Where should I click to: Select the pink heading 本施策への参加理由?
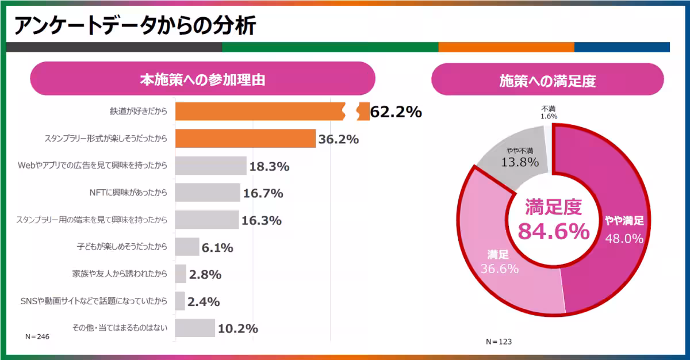[x=202, y=79]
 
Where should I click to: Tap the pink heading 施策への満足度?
[x=547, y=81]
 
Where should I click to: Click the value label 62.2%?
[x=396, y=112]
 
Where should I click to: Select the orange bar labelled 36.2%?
[x=246, y=139]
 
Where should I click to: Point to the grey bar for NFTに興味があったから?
[x=208, y=193]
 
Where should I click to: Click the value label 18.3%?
[x=269, y=167]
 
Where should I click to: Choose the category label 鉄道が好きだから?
[x=139, y=112]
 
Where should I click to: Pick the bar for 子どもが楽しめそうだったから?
[x=187, y=247]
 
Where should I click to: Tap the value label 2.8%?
[x=205, y=274]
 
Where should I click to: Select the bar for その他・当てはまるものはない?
[x=195, y=328]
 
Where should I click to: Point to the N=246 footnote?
[x=37, y=336]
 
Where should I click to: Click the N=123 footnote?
[x=499, y=342]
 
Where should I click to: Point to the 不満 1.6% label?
[x=549, y=112]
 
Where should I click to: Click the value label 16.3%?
[x=262, y=220]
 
